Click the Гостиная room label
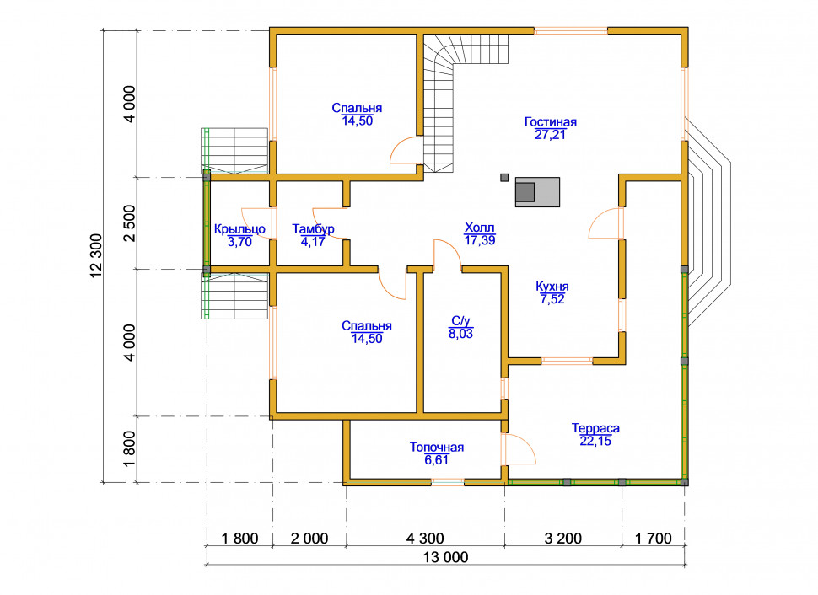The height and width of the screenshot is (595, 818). click(551, 122)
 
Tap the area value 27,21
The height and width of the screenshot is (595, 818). click(550, 135)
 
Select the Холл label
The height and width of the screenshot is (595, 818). click(480, 228)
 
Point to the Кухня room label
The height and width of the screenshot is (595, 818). click(552, 287)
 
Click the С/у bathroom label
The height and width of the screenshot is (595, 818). click(460, 321)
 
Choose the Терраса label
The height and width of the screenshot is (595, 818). click(595, 428)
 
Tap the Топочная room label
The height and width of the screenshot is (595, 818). click(437, 448)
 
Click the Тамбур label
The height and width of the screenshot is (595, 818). click(313, 229)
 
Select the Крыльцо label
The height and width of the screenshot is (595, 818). click(239, 229)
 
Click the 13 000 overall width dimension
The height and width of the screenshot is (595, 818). click(445, 557)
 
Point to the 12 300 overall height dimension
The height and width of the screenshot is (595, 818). click(96, 255)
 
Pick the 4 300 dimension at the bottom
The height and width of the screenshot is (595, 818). click(425, 539)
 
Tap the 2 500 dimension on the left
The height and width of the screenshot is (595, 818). click(129, 223)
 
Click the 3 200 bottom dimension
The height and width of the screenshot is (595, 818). click(562, 539)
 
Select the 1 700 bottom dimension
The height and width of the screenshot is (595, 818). click(654, 539)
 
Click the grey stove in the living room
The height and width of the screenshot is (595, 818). click(537, 192)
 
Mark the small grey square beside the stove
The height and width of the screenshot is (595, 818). click(504, 177)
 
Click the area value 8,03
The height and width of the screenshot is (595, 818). click(460, 334)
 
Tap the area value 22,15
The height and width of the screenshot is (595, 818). click(595, 441)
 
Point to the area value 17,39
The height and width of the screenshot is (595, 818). click(480, 240)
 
